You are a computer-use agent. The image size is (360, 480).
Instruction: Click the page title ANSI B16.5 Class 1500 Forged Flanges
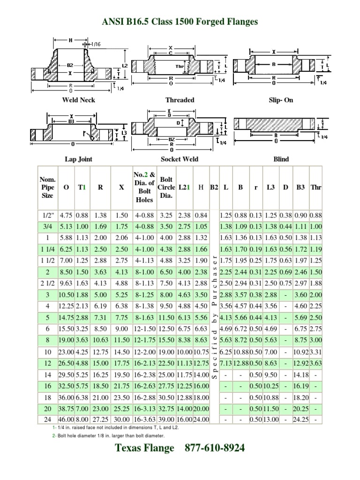(x=180, y=22)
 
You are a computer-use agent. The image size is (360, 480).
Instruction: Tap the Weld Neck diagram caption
(x=78, y=100)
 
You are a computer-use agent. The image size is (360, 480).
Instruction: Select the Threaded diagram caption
(x=180, y=100)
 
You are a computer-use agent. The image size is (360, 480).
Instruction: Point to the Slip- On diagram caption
(x=281, y=100)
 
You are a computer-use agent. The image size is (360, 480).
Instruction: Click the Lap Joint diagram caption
(x=78, y=159)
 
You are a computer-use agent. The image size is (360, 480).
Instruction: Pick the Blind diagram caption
(x=281, y=159)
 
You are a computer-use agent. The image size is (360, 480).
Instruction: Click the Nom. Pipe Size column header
(x=47, y=187)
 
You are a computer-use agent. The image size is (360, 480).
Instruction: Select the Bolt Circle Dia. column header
(x=166, y=187)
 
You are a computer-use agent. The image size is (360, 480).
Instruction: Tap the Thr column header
(x=316, y=187)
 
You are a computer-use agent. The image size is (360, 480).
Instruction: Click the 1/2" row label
(x=47, y=215)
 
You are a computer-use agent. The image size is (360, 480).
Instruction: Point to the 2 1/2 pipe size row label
(x=47, y=283)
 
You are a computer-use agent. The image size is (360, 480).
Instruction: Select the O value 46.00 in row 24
(x=66, y=419)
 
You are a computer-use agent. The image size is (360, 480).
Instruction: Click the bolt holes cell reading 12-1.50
(x=144, y=329)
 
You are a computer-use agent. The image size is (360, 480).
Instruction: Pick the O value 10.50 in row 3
(x=66, y=294)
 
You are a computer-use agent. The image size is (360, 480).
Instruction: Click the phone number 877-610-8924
(x=215, y=448)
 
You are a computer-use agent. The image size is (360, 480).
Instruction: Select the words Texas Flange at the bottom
(x=144, y=448)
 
